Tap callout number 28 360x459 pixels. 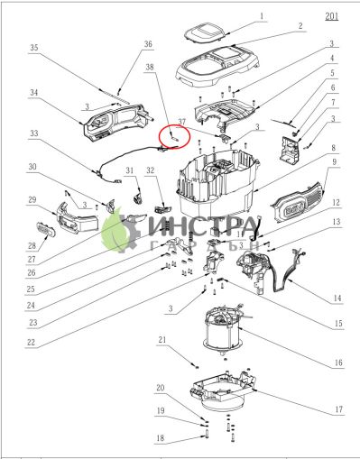[x=31, y=243]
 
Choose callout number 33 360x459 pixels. [x=33, y=133]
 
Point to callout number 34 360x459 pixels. [x=33, y=92]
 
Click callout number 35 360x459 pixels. [x=33, y=47]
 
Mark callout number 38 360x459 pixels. [x=150, y=68]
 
